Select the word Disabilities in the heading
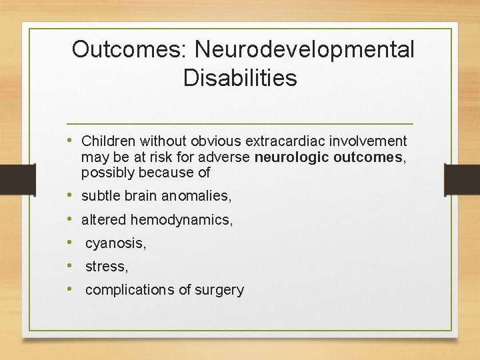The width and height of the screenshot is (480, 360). click(x=240, y=78)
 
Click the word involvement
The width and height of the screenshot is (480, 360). click(x=372, y=141)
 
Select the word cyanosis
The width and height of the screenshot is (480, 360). click(x=115, y=243)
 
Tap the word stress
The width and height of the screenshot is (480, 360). click(x=106, y=267)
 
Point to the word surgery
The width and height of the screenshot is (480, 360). click(x=219, y=290)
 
